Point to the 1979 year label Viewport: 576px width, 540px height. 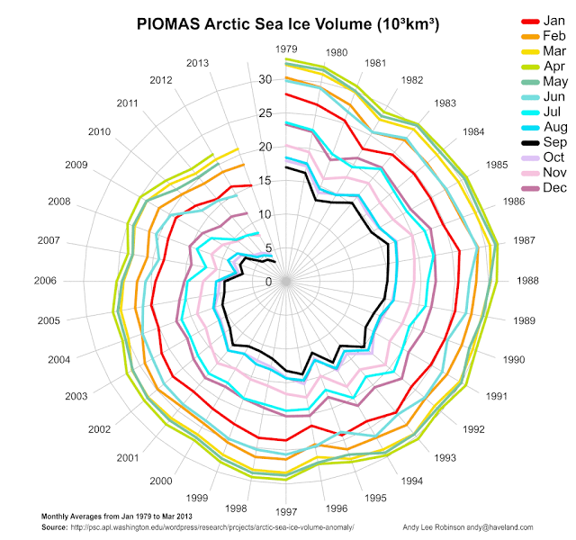coord(286,49)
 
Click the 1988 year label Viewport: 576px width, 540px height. coord(527,282)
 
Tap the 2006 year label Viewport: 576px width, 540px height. coord(45,282)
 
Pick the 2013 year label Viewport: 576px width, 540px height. coord(197,62)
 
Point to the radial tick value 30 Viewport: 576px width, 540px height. coord(265,79)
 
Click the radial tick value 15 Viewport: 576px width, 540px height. coord(265,180)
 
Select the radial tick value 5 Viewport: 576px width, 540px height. coord(267,248)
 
